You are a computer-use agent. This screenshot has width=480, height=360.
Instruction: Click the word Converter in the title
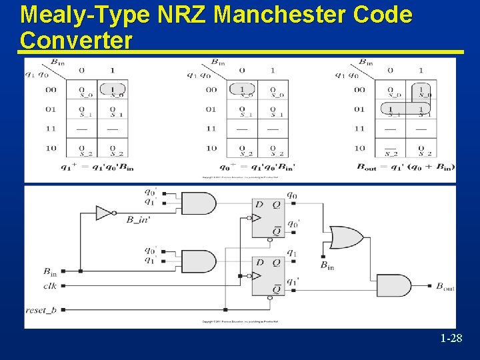[76, 40]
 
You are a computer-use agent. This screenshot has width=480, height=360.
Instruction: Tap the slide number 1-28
[451, 339]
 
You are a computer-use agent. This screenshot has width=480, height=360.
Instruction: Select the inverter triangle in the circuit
[103, 213]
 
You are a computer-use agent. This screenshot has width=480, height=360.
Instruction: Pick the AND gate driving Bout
[394, 285]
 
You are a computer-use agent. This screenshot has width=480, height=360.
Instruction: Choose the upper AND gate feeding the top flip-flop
[199, 203]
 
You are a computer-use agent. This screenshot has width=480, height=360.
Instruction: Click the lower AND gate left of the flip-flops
[199, 261]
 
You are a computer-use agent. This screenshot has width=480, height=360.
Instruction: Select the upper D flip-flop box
[268, 218]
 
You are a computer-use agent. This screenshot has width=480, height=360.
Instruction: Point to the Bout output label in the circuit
[445, 287]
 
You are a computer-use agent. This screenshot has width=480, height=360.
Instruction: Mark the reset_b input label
[41, 310]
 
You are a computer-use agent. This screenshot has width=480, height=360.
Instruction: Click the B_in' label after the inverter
[138, 219]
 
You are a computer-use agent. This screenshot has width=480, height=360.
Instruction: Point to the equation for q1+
[97, 167]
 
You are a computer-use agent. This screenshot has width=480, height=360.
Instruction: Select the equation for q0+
[257, 167]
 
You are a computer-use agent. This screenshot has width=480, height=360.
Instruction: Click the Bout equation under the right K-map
[406, 167]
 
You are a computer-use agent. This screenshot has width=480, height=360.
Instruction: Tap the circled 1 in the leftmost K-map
[113, 89]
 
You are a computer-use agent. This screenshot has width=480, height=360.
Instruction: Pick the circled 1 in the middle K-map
[242, 89]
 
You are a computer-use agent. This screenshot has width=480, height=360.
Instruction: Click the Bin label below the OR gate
[327, 265]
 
